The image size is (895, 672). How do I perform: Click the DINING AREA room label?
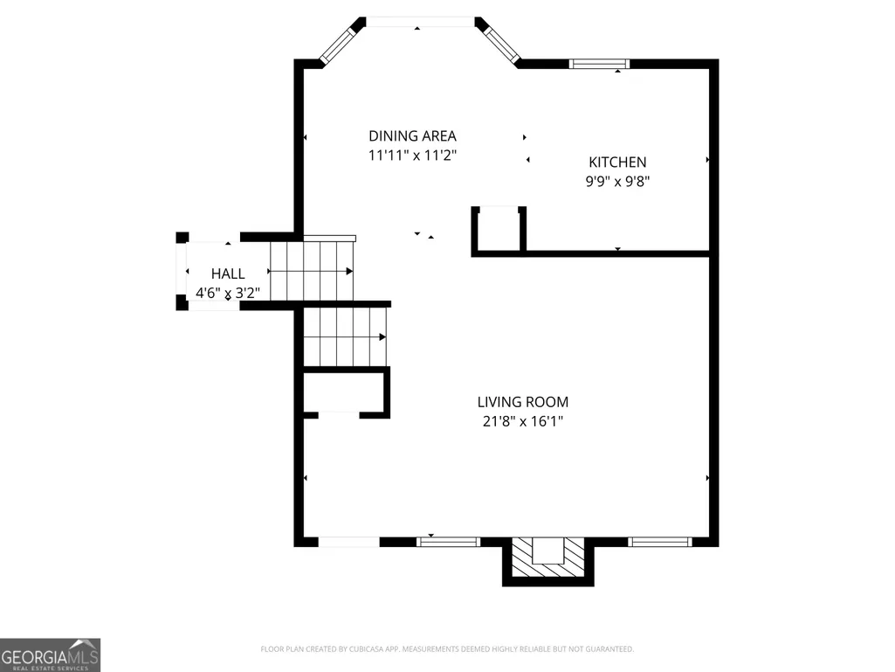point(412,136)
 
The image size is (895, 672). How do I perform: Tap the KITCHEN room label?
point(617,163)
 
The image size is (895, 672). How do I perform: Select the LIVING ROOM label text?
point(523,402)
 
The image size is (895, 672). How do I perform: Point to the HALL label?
point(228,274)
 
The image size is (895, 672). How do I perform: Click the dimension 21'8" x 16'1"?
point(523,422)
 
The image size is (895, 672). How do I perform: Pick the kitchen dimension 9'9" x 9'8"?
point(617,182)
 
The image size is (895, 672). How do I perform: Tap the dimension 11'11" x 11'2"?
point(412,156)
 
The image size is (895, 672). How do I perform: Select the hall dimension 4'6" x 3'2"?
point(228,293)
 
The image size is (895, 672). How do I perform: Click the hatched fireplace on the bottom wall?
point(548,558)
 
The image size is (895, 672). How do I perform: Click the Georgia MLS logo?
point(51,655)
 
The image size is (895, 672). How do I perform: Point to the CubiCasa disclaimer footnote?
point(447,649)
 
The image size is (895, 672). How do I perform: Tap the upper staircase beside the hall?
point(313,270)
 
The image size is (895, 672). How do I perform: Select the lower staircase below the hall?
point(345,336)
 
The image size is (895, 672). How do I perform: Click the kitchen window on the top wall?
point(599,64)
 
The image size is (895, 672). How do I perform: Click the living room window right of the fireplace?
point(660,542)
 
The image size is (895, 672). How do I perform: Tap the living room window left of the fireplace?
point(448,542)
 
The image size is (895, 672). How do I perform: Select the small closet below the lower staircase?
point(346,392)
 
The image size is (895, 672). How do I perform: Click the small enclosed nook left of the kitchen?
point(499,231)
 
